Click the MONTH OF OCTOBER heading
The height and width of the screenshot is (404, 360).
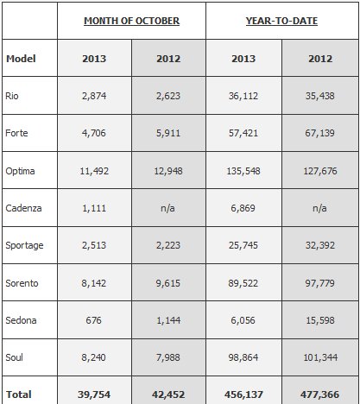coord(131,21)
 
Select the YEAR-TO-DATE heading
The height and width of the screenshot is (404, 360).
coord(281,21)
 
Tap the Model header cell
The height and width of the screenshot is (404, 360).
coord(21,59)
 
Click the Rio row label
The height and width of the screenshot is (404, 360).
coord(12,96)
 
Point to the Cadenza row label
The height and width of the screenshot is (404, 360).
coord(23,208)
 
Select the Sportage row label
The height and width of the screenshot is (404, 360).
coord(24,245)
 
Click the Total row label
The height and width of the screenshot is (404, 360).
coord(19,395)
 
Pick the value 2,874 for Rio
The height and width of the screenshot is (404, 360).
coord(94,96)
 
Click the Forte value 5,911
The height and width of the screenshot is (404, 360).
coord(168,133)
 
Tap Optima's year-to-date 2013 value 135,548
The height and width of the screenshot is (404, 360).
coord(243,171)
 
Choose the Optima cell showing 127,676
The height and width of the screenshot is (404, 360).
coord(320,171)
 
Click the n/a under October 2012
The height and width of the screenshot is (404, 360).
coord(167,208)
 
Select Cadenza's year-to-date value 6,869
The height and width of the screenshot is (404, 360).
coord(243,208)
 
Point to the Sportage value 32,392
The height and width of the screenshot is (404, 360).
coord(320,245)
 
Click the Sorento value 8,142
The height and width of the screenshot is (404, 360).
coord(94,283)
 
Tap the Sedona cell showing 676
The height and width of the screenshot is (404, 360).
coord(94,320)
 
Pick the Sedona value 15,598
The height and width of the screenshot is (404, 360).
coord(320,320)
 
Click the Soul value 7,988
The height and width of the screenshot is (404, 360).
coord(168,357)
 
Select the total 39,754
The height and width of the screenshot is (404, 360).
coord(94,395)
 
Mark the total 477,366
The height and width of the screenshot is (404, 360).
coord(320,395)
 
